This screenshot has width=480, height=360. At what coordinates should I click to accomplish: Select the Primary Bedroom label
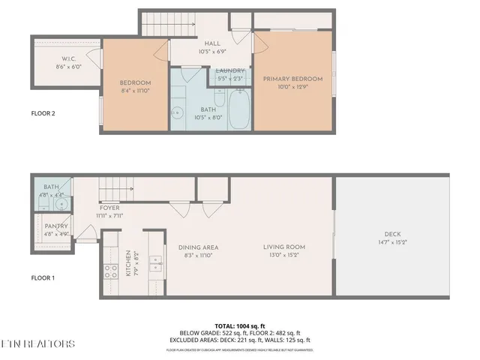pos(292,79)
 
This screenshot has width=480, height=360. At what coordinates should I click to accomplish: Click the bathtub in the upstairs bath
pos(240,109)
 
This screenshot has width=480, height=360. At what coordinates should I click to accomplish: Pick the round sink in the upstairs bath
pos(178,113)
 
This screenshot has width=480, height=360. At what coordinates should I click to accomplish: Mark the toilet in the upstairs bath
pos(219,98)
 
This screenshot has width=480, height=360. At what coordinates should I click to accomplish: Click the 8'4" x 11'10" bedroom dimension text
pos(136,91)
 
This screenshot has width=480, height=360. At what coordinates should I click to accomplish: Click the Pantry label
pos(56,226)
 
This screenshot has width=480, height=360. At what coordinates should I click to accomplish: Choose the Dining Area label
pos(198,247)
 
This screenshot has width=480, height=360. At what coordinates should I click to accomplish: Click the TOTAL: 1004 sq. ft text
pos(239,325)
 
